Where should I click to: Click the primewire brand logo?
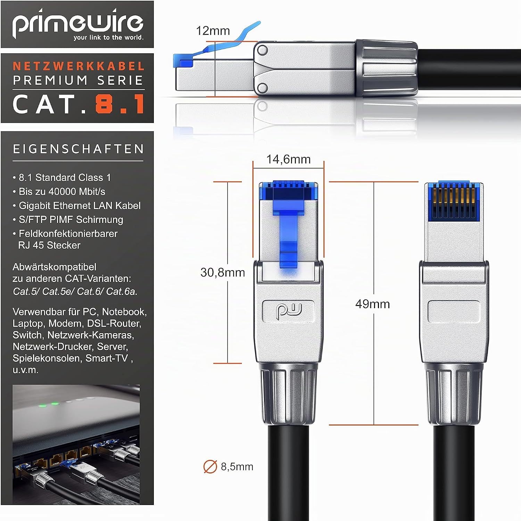point(78,24)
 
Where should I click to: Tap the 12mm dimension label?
point(213,31)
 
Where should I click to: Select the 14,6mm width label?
point(288,159)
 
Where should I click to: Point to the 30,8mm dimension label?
point(223,272)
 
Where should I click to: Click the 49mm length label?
point(372,304)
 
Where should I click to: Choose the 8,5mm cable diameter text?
point(237,466)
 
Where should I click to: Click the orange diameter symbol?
point(210,467)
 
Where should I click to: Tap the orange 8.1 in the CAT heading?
point(120,104)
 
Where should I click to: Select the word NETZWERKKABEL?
point(78,66)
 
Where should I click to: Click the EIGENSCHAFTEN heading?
point(78,149)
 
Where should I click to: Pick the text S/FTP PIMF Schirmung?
point(71,220)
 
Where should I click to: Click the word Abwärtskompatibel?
point(55,267)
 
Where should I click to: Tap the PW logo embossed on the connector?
point(289,311)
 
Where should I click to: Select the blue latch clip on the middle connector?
point(288,226)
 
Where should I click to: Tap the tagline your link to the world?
point(108,38)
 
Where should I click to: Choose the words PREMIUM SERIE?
point(78,81)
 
